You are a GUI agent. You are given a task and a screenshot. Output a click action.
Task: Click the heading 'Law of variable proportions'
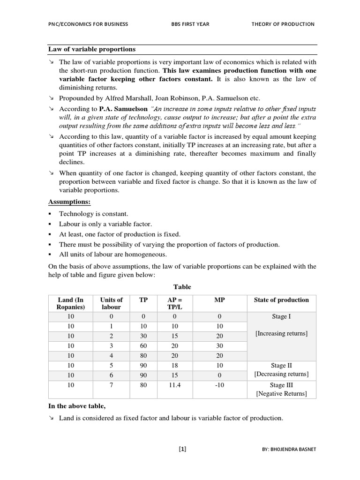[x=92, y=49]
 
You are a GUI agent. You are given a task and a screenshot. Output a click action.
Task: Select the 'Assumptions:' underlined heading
[x=69, y=202]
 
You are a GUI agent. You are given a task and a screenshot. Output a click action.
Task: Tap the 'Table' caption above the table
[x=182, y=286]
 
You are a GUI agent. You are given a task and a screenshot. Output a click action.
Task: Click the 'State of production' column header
[x=281, y=300]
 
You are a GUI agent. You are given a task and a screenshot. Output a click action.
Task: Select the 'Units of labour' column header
[x=111, y=303]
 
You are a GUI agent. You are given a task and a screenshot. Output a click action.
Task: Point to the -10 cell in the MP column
[x=219, y=385]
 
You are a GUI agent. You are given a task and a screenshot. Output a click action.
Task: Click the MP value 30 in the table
[x=219, y=346]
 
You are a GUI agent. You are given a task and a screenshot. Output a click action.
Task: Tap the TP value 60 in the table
[x=143, y=346]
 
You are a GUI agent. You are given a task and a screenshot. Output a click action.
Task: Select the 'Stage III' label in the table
[x=281, y=385]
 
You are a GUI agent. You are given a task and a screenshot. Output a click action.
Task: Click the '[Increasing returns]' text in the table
[x=281, y=333]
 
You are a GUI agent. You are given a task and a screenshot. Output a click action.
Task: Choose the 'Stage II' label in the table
[x=281, y=365]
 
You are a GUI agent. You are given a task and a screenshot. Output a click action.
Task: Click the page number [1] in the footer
[x=182, y=449]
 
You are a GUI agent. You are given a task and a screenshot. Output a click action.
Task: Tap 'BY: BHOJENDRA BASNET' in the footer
[x=289, y=450]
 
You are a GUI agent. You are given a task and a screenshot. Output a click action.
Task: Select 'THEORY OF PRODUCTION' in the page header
[x=283, y=24]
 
